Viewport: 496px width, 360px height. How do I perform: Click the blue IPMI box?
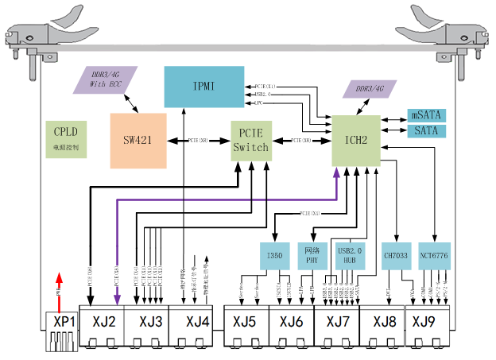pos(203,87)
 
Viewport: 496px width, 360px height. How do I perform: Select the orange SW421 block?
pos(139,140)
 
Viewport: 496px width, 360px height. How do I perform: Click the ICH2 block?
pos(356,141)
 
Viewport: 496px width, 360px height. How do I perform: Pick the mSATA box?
pos(427,115)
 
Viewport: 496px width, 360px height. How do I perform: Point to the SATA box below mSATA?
pos(427,130)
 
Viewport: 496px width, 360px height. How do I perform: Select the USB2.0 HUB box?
pos(350,255)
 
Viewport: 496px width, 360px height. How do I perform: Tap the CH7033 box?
pos(395,255)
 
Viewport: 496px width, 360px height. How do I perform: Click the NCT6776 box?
pos(434,255)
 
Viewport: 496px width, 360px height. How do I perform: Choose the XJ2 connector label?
pos(105,322)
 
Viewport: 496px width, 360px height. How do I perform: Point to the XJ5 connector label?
pos(245,322)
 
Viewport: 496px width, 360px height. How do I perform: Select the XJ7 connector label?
pos(336,322)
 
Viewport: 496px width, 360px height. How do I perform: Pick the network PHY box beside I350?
pos(312,255)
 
